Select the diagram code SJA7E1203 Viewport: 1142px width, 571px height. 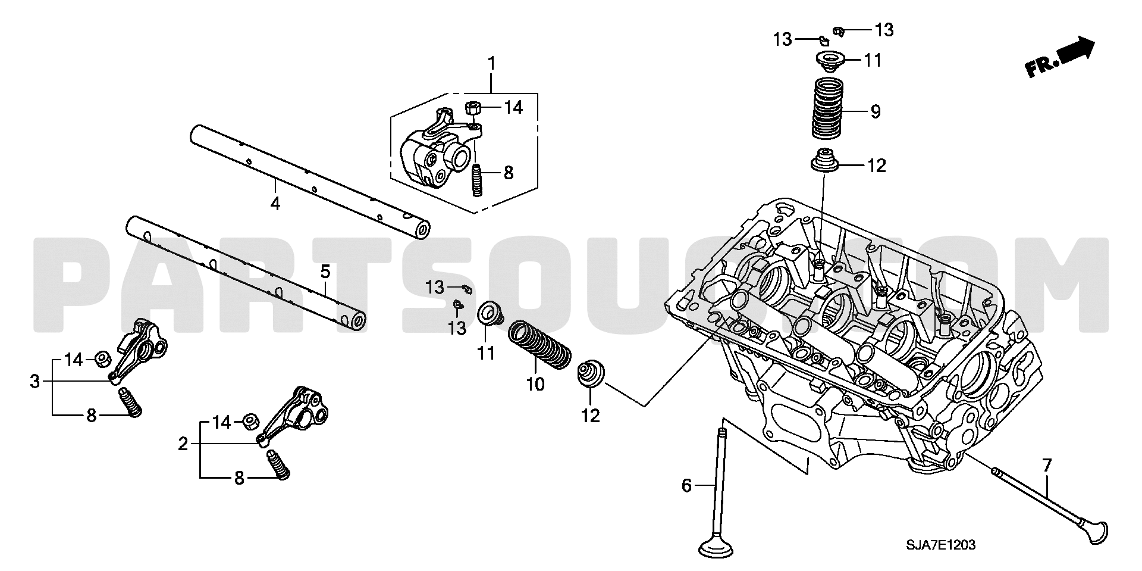(x=942, y=544)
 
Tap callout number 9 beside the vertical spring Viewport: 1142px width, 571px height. (x=876, y=111)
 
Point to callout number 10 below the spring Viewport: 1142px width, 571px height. (x=535, y=384)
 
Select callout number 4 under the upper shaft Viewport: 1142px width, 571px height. (x=275, y=204)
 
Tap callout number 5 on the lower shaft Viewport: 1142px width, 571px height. (x=325, y=272)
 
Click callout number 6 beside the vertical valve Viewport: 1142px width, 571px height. (x=686, y=486)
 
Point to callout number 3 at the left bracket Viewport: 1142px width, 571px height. (x=35, y=381)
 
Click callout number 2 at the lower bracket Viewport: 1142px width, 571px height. (x=183, y=444)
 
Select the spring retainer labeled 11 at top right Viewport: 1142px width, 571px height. (x=830, y=61)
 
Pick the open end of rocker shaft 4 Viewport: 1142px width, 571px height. (x=422, y=230)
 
